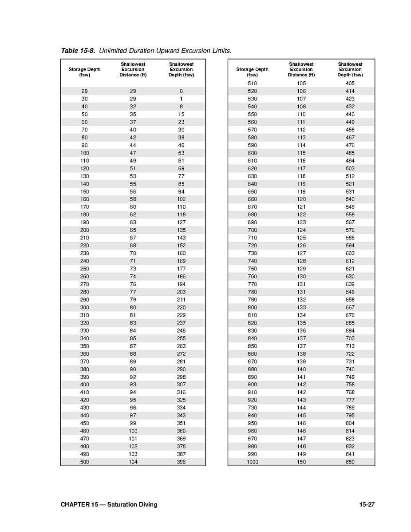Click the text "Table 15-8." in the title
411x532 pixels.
(78, 51)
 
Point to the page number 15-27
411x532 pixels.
(367, 504)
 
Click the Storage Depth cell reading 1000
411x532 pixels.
(252, 462)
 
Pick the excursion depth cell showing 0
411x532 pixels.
(181, 91)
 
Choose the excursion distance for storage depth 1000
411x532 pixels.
(301, 462)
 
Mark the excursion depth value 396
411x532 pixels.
(181, 462)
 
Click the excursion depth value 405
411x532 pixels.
(350, 83)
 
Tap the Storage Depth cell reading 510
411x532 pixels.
(252, 83)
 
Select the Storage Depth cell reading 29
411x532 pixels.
(84, 91)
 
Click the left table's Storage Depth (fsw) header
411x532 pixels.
(84, 72)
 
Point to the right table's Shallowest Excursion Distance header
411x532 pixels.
(301, 70)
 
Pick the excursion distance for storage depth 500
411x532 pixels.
(133, 462)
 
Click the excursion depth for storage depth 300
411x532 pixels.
(181, 307)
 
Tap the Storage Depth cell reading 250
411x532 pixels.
(84, 269)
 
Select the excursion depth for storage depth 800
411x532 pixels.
(350, 307)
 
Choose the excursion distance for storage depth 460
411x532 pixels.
(133, 431)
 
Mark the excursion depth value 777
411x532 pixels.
(350, 400)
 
